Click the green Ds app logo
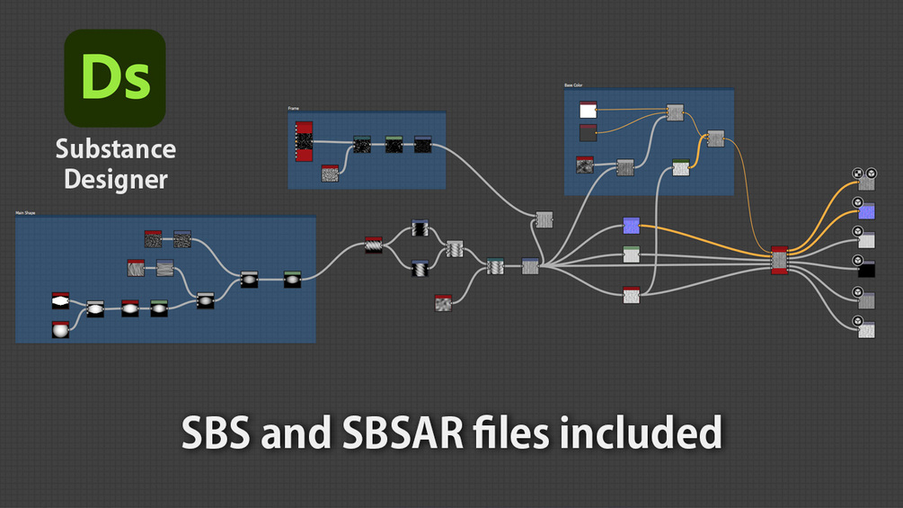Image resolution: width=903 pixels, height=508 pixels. click(115, 77)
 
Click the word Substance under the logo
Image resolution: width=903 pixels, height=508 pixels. click(115, 149)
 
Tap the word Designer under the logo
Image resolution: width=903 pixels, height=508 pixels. click(115, 179)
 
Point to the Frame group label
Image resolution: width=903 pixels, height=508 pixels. click(293, 109)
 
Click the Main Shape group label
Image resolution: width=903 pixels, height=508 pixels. click(25, 213)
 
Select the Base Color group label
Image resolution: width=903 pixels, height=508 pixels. click(573, 85)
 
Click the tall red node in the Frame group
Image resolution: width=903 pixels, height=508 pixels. click(304, 141)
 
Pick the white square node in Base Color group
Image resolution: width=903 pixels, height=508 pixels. click(589, 110)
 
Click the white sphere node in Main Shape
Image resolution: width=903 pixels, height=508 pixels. click(60, 330)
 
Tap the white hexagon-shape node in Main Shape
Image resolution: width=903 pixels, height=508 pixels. click(60, 301)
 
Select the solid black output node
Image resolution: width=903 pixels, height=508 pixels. click(866, 270)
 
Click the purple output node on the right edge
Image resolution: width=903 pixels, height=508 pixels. click(866, 211)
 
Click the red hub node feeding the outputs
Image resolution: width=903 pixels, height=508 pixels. click(779, 260)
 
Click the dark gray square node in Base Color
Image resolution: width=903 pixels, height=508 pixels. click(588, 132)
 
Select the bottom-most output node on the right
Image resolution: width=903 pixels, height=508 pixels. click(866, 330)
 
